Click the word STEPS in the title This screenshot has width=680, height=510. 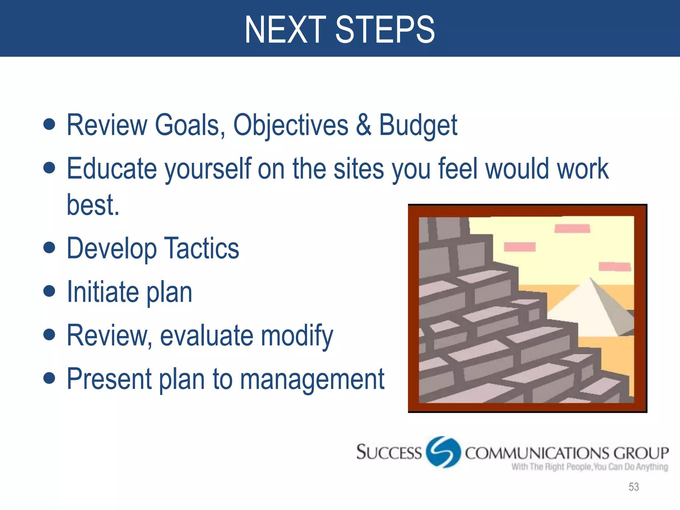click(x=385, y=30)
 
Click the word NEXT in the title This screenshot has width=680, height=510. click(x=286, y=30)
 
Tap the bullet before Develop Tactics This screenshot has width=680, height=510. click(x=49, y=247)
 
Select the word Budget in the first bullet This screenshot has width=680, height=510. click(x=418, y=125)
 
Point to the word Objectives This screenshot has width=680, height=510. click(x=291, y=125)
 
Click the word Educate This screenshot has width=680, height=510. click(x=112, y=168)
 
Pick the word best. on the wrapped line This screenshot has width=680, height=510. click(x=93, y=205)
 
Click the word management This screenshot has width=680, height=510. click(x=312, y=379)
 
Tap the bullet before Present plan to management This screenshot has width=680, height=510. click(x=49, y=378)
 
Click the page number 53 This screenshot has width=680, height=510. click(x=634, y=487)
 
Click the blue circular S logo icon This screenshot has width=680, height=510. click(x=443, y=452)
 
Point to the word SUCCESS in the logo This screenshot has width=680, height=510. click(x=389, y=453)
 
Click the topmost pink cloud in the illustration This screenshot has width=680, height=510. click(x=572, y=229)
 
